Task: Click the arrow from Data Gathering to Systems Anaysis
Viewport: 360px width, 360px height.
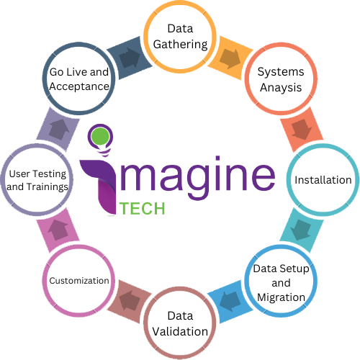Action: click(x=230, y=59)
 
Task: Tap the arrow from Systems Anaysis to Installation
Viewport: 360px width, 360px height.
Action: click(x=302, y=130)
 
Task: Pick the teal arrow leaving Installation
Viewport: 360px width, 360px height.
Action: click(x=301, y=230)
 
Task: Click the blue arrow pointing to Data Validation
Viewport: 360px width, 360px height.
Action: click(x=230, y=302)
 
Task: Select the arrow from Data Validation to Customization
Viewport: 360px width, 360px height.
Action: click(x=130, y=301)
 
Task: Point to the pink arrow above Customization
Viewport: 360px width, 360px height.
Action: click(x=58, y=230)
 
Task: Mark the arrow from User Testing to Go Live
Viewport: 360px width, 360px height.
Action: click(x=59, y=130)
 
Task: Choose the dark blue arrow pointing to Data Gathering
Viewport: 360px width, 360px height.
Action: click(x=130, y=58)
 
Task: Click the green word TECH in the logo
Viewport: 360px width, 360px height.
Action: click(x=142, y=208)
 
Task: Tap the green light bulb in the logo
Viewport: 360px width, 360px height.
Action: click(x=101, y=136)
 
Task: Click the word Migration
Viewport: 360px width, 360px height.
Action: click(x=281, y=297)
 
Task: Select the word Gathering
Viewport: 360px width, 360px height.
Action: click(x=180, y=45)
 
